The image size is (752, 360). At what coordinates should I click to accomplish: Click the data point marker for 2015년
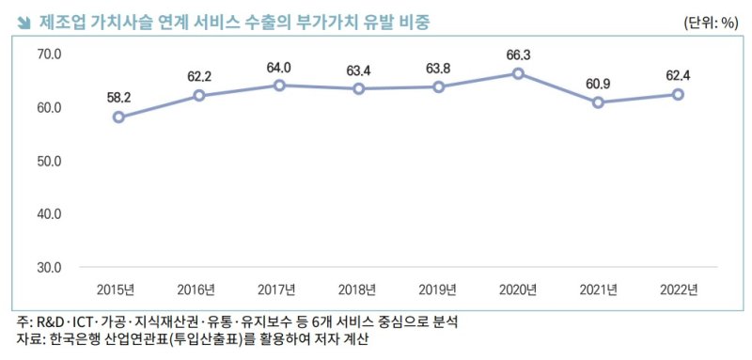click(x=118, y=117)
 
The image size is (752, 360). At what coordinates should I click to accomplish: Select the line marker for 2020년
click(x=517, y=73)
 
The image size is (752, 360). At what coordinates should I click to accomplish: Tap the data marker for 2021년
click(x=598, y=102)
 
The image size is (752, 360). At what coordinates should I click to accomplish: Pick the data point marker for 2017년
click(x=278, y=86)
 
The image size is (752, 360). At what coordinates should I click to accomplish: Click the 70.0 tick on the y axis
click(x=49, y=55)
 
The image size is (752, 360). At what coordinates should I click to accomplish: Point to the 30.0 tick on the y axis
click(x=49, y=267)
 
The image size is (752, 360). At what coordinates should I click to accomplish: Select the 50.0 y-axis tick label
click(x=49, y=161)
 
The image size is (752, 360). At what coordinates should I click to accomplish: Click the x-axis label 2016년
click(x=198, y=289)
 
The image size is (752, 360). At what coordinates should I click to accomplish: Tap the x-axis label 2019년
click(x=438, y=289)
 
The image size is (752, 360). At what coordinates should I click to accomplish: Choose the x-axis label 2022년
click(x=678, y=289)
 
